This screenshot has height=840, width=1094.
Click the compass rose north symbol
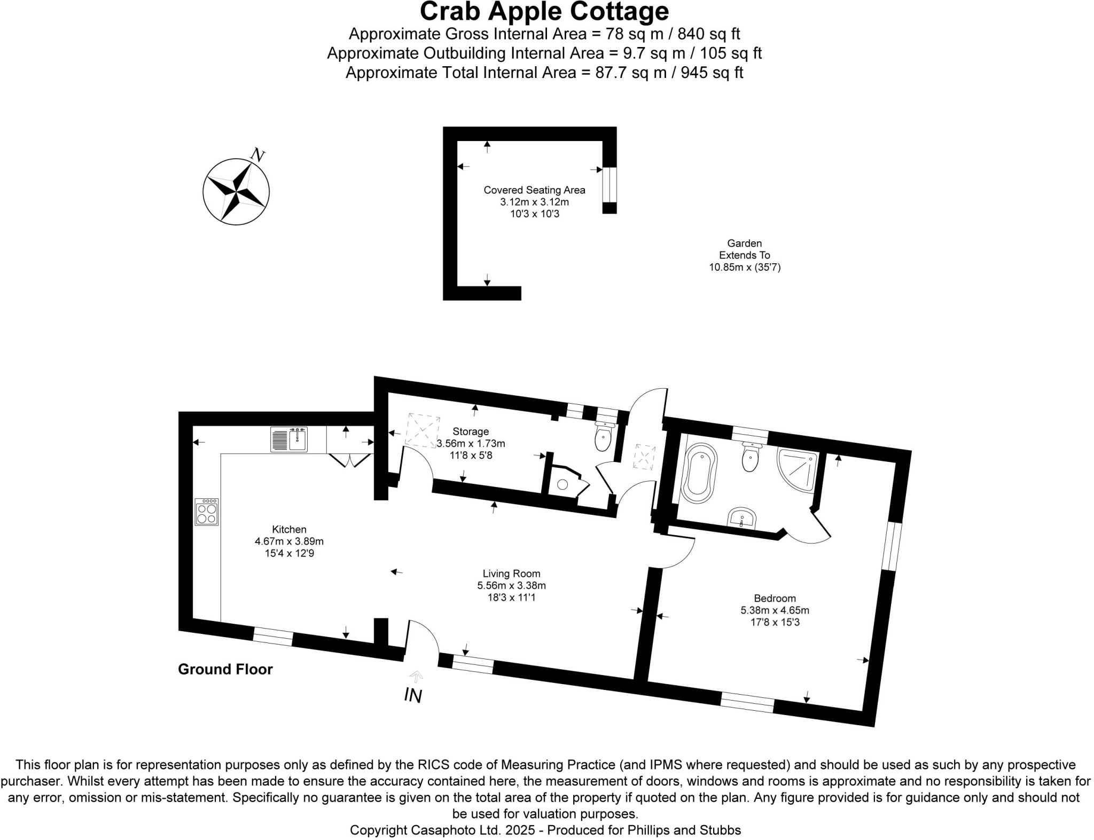click(236, 191)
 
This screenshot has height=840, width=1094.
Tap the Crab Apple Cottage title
click(544, 11)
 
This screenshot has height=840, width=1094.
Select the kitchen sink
click(289, 439)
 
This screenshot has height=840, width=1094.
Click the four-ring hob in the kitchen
click(207, 512)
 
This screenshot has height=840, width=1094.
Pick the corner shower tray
click(798, 469)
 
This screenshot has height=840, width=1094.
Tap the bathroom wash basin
click(741, 517)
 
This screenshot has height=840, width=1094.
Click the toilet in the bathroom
click(751, 458)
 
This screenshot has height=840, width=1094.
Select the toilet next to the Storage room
click(604, 438)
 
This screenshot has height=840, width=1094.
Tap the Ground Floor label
click(225, 669)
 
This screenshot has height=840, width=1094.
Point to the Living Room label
click(511, 574)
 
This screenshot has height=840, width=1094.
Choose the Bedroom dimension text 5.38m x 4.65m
click(775, 610)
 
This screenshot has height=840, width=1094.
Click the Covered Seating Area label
click(534, 190)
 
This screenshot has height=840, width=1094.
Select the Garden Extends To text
click(745, 249)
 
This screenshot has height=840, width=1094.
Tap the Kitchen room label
click(289, 529)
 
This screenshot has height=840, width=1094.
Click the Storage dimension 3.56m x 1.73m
click(471, 443)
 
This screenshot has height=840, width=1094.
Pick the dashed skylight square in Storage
click(422, 429)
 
